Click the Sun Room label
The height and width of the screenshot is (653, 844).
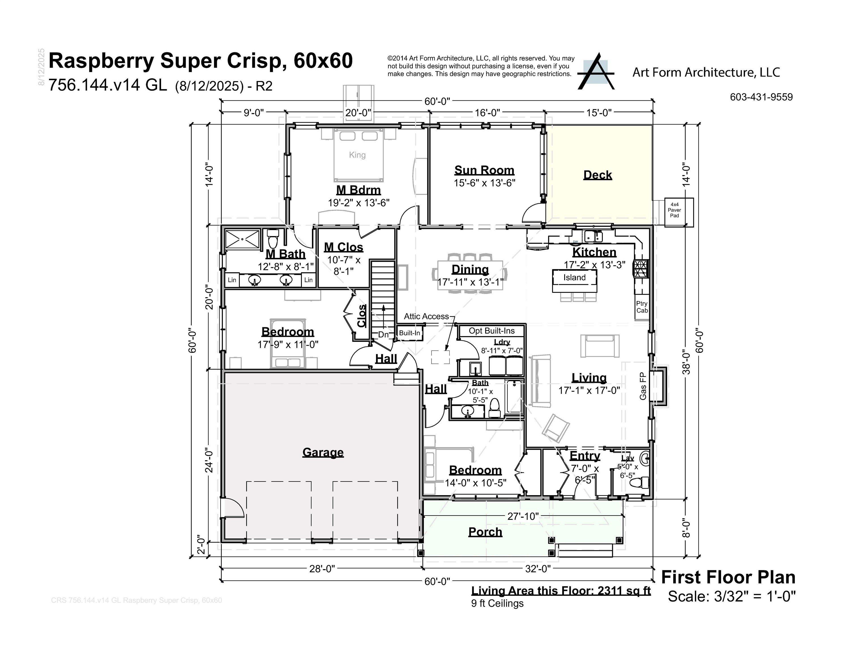coord(484,170)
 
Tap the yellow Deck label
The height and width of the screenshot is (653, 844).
coord(597,175)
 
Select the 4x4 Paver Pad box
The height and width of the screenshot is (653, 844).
coord(674,210)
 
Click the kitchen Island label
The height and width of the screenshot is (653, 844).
coord(574,277)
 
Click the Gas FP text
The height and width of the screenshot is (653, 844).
coord(643,386)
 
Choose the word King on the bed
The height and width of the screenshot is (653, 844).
coord(357,155)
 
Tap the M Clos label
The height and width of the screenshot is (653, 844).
coord(343,247)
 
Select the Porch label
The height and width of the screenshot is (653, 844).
coord(485,532)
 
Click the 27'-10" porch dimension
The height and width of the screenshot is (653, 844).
coord(523,516)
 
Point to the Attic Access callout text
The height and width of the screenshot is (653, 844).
coord(426,317)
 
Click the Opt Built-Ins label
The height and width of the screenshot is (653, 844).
coord(492,331)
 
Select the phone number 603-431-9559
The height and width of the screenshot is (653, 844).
coord(761,97)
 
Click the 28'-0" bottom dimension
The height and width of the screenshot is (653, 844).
coord(322,569)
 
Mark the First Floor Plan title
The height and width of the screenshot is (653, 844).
coord(728,577)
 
